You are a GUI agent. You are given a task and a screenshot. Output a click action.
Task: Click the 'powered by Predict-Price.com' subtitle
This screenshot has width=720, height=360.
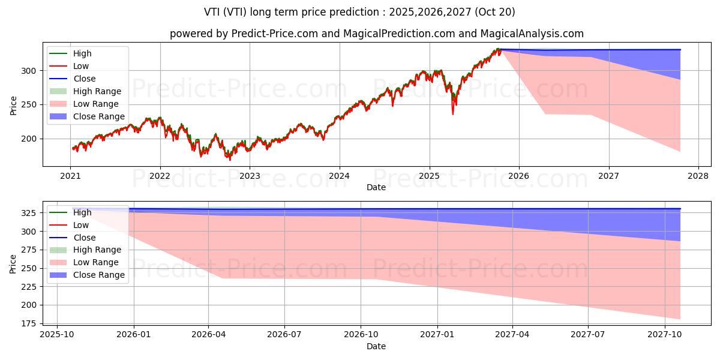(x=376, y=34)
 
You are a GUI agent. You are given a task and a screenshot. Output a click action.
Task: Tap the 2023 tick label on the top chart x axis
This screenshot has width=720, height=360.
(x=250, y=176)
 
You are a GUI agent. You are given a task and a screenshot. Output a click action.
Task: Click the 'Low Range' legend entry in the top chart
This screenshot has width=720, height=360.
(x=97, y=104)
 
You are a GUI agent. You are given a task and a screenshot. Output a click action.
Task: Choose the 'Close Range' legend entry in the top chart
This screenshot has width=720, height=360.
(x=99, y=116)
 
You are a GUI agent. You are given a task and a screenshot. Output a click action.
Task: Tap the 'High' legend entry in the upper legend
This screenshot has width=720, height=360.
(x=82, y=53)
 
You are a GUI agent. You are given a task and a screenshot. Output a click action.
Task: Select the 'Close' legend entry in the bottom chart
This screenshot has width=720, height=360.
(x=84, y=238)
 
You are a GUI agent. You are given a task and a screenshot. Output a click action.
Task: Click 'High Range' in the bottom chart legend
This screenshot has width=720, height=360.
(x=97, y=250)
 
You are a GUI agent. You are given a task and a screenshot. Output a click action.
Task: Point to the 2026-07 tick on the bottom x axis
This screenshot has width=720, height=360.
(x=284, y=334)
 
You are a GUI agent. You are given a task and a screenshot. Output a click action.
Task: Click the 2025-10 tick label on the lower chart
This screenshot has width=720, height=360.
(x=57, y=334)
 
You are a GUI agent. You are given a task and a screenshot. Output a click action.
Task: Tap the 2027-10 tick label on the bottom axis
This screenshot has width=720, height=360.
(x=665, y=334)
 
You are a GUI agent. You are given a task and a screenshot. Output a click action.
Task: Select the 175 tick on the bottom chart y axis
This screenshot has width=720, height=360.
(x=29, y=323)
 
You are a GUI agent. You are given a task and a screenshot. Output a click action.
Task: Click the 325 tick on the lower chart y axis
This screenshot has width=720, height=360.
(x=29, y=213)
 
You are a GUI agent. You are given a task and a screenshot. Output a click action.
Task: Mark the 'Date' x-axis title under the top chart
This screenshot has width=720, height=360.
(x=376, y=187)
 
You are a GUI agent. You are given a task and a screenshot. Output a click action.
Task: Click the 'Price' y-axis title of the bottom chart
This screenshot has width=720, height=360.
(x=13, y=263)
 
